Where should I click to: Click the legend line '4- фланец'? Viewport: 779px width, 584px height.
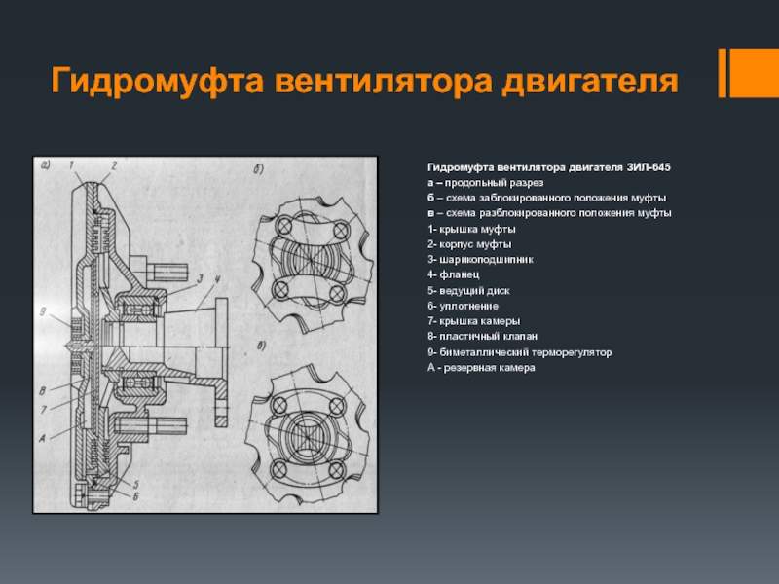(453, 274)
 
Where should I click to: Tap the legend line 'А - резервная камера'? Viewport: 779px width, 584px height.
(482, 368)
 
